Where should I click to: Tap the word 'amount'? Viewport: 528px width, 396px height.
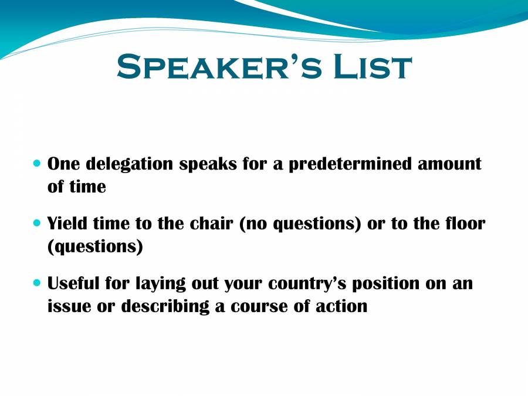pyautogui.click(x=449, y=163)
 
